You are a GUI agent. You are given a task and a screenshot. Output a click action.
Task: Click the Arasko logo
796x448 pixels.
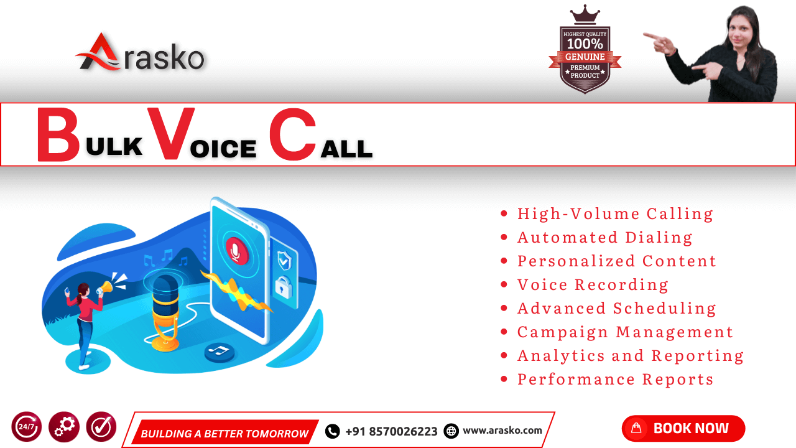point(141,54)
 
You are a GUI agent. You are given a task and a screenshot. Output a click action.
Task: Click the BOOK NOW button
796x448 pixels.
point(683,428)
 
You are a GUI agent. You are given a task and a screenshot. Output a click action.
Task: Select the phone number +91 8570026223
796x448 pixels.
point(391,431)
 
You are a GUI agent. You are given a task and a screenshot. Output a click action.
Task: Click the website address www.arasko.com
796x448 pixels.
point(502,430)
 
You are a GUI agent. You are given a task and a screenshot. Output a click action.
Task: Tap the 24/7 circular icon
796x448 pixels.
point(27,427)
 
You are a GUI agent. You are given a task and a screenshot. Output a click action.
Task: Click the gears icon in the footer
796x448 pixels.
point(64,427)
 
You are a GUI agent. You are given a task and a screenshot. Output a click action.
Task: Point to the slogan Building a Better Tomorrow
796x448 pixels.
point(224,433)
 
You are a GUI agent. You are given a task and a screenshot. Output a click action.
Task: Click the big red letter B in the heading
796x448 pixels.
point(58,135)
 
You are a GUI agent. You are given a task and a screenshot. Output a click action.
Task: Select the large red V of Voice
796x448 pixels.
point(170,134)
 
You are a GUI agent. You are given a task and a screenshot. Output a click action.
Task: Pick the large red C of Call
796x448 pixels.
point(292,135)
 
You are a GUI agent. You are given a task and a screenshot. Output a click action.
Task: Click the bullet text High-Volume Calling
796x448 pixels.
point(615,214)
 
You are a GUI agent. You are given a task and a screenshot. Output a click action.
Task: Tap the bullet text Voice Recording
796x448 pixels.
point(593,285)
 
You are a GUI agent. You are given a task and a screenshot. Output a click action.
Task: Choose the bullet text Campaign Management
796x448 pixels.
point(625,332)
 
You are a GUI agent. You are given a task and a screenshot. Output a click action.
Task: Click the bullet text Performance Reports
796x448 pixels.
point(615,380)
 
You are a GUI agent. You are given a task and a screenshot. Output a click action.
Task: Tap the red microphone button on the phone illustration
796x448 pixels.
point(237,251)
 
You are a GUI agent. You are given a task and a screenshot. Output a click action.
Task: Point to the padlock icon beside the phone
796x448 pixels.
point(284,287)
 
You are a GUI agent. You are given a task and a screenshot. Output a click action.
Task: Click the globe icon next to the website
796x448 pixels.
point(451,431)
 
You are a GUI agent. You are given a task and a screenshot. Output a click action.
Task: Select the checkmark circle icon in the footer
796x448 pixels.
point(101,427)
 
